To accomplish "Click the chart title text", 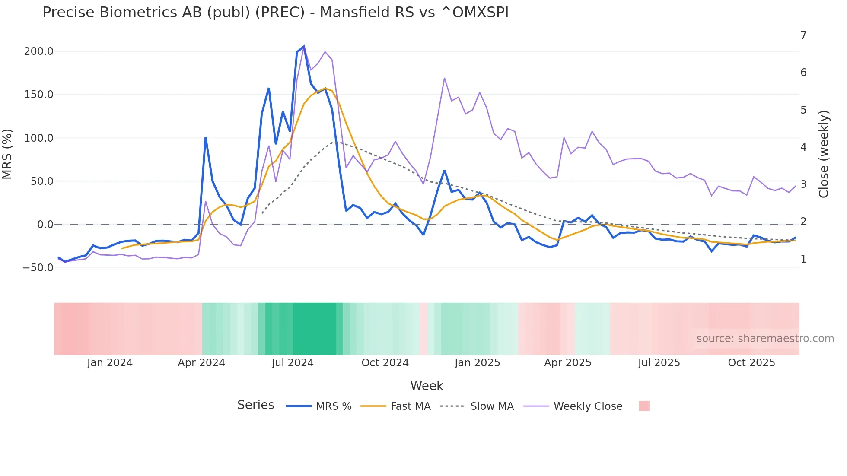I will [x=275, y=13].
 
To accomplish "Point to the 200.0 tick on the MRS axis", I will [x=38, y=51].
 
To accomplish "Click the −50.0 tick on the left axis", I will [x=38, y=268].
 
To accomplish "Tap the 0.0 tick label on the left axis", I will [x=45, y=225].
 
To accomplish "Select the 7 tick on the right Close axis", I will [x=803, y=35].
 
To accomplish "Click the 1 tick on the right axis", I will [x=803, y=259].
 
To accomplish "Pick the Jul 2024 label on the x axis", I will [x=293, y=363].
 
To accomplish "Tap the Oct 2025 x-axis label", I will [x=751, y=363].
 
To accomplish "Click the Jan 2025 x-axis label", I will [x=477, y=363].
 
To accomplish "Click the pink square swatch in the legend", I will [x=644, y=406].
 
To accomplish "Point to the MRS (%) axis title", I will [x=7, y=154].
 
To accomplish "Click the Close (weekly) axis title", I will [x=824, y=154].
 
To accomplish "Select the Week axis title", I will [x=427, y=386].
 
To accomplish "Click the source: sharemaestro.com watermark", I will [x=765, y=339].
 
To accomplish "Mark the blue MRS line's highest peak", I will [x=304, y=46].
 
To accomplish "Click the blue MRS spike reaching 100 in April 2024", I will [x=206, y=138].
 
